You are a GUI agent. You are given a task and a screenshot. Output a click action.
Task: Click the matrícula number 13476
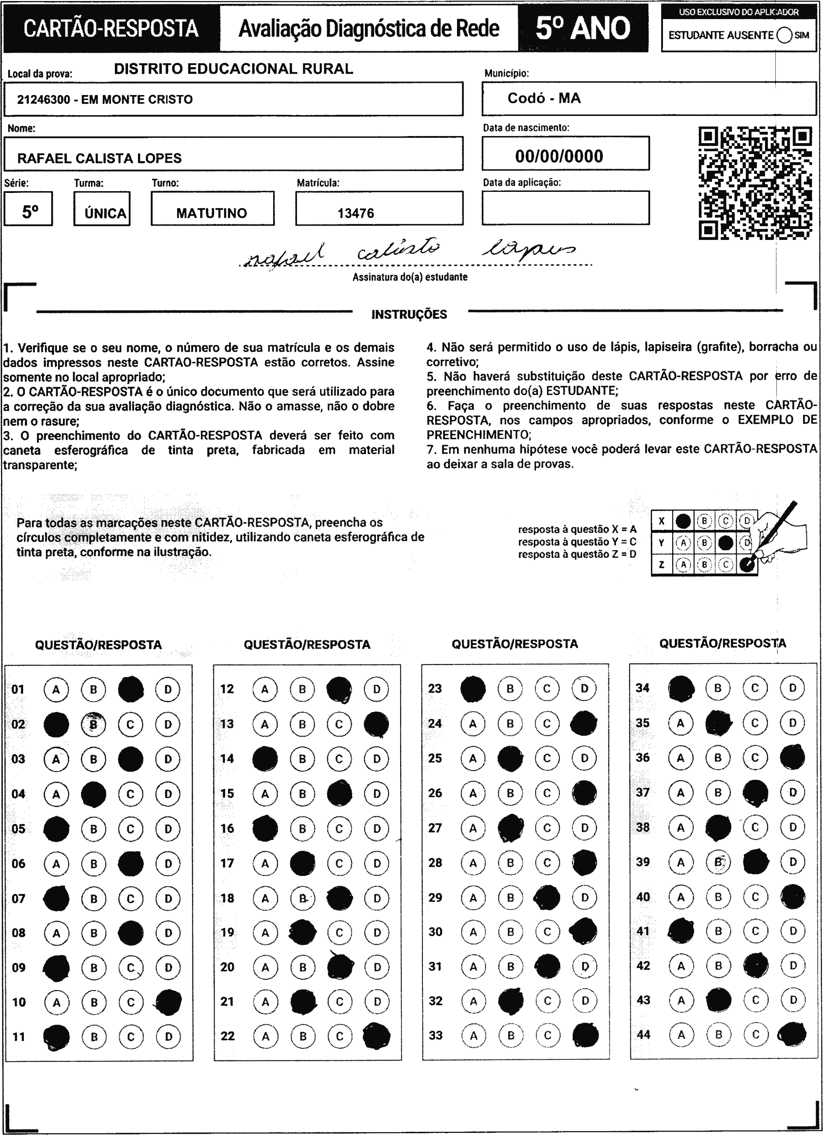point(356,213)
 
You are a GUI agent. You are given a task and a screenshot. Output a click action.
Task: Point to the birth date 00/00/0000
point(559,156)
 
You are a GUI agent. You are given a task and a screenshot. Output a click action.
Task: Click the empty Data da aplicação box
point(566,208)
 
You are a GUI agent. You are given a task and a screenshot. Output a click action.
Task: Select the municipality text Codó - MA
point(544,98)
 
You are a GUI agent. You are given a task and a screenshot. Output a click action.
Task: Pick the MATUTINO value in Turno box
point(211,213)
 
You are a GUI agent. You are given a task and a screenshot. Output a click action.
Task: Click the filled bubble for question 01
point(131,689)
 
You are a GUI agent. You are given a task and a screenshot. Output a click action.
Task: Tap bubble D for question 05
point(168,829)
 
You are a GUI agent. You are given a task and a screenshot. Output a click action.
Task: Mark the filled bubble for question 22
point(377,1036)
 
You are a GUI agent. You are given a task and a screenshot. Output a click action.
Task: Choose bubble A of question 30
point(473,932)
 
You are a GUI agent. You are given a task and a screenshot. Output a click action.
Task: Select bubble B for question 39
point(718,862)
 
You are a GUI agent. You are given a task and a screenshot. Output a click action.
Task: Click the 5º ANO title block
point(583,28)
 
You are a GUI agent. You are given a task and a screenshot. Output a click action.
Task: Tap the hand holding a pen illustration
point(779,536)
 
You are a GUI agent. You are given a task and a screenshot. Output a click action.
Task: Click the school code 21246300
point(44,99)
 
